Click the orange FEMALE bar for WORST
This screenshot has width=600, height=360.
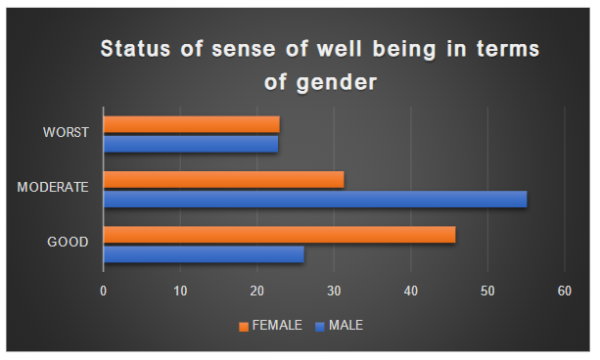pyautogui.click(x=191, y=124)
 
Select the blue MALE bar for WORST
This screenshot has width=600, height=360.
pyautogui.click(x=190, y=144)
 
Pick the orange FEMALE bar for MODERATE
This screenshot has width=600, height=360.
pyautogui.click(x=223, y=179)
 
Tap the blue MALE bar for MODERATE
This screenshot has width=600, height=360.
pyautogui.click(x=314, y=199)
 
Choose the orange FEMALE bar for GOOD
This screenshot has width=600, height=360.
pyautogui.click(x=279, y=235)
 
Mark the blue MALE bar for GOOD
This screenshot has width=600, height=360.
pyautogui.click(x=204, y=254)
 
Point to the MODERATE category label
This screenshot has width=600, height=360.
pyautogui.click(x=54, y=188)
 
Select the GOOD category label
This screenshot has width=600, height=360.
pyautogui.click(x=69, y=243)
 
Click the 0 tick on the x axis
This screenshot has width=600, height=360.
pyautogui.click(x=103, y=291)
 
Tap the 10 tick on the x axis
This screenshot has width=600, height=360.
pyautogui.click(x=180, y=291)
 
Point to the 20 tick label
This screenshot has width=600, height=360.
pyautogui.click(x=256, y=291)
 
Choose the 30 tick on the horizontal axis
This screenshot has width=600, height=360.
pyautogui.click(x=334, y=291)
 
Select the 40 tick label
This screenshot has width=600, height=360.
pyautogui.click(x=411, y=291)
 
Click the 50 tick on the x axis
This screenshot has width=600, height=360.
pyautogui.click(x=487, y=291)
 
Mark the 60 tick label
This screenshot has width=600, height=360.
pyautogui.click(x=565, y=291)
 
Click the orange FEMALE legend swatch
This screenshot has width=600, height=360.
pyautogui.click(x=245, y=325)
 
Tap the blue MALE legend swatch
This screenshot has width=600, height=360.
pyautogui.click(x=320, y=325)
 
